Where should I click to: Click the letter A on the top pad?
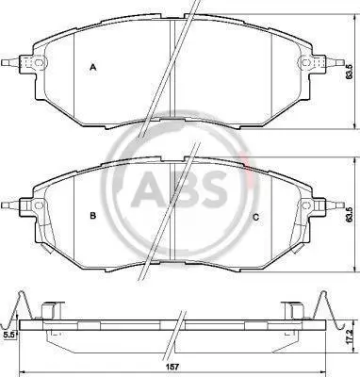coord(92,67)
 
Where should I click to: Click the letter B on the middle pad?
coord(92,216)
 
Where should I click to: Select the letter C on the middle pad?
coord(256,217)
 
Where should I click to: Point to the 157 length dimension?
coord(173,367)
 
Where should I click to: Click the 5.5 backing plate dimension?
coord(8,336)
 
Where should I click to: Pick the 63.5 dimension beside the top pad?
coord(348,72)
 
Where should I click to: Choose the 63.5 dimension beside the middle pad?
coord(348,215)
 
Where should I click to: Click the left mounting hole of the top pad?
coord(39,62)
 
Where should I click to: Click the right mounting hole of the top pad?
coord(305,62)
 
